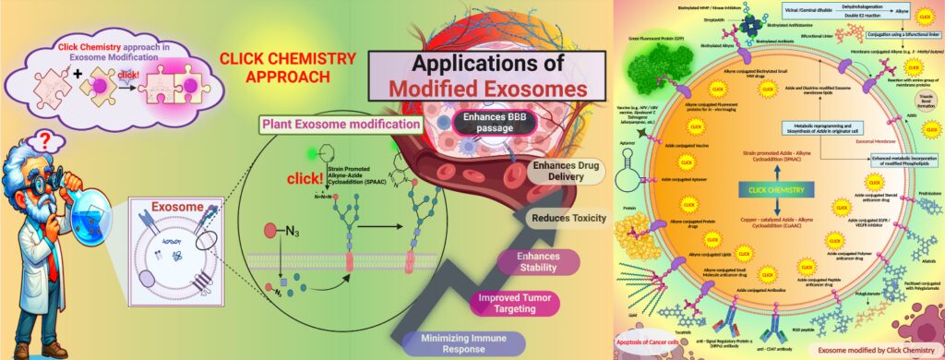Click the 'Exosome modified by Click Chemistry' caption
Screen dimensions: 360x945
click(876, 350)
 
